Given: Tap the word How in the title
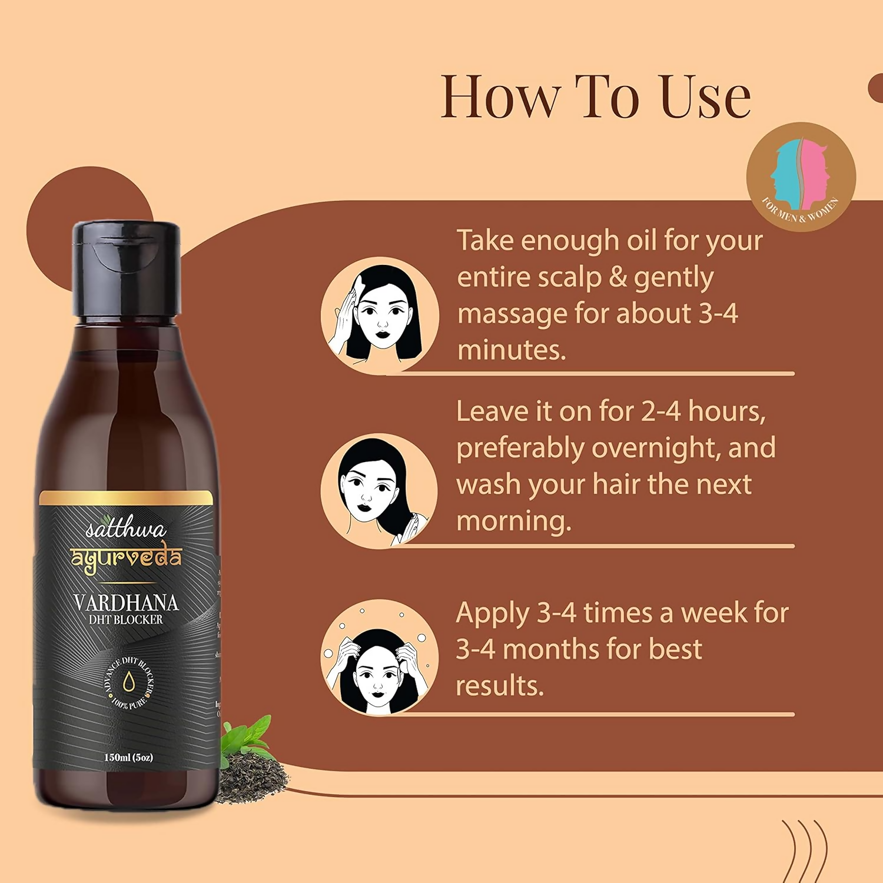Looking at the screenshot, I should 500,97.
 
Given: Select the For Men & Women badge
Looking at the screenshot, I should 801,177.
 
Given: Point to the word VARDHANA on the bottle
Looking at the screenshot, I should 125,602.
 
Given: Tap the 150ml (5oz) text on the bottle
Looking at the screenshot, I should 128,757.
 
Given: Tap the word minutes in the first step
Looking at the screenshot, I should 511,350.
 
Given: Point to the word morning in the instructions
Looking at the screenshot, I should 513,521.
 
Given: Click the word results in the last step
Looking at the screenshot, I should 499,686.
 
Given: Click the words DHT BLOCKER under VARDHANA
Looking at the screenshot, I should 125,620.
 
